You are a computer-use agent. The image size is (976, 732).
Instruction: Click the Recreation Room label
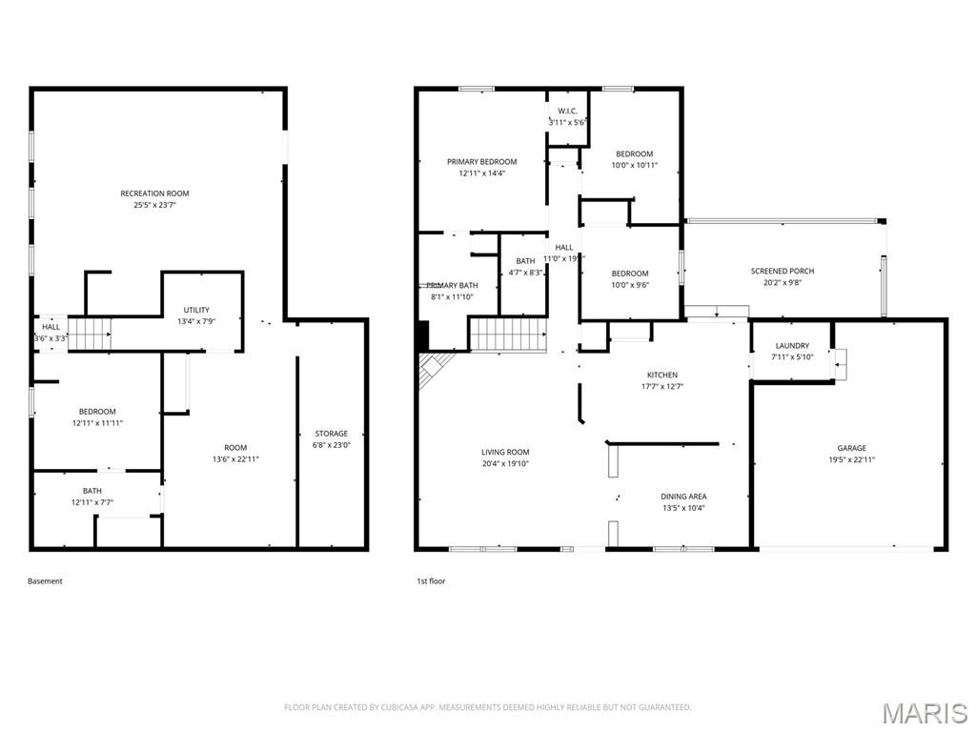coord(154,193)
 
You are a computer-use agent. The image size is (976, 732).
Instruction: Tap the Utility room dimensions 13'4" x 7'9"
coord(196,321)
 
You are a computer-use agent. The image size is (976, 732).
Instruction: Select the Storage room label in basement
coord(332,434)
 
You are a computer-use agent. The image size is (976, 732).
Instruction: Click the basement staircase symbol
coord(93,334)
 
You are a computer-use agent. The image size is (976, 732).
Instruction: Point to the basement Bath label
coord(91,491)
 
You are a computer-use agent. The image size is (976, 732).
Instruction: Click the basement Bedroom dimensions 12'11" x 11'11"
coord(97,423)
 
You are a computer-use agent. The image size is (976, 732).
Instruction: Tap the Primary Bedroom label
coord(481,162)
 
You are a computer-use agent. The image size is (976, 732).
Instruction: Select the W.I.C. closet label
coord(567,111)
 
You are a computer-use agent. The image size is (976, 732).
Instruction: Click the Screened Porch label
coord(782,272)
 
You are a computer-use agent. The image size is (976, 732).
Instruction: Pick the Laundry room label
coord(792,346)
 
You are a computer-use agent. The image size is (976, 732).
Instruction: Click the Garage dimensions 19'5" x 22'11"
coord(851,459)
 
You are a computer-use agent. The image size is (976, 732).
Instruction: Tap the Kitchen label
coord(662,376)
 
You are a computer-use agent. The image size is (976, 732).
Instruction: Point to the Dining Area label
coord(683,497)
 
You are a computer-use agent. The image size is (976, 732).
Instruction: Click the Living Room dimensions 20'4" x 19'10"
coord(505,464)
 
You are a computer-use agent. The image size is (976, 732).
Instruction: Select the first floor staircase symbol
coord(507,335)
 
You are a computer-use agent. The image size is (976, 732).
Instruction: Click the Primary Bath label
coord(452,286)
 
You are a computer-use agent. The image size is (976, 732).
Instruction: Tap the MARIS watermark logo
coord(924,713)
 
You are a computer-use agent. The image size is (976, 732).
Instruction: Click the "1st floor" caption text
coord(431,581)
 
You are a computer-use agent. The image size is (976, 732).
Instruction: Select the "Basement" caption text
coord(45,581)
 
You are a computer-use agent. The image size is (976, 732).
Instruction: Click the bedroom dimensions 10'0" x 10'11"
coord(634,165)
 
